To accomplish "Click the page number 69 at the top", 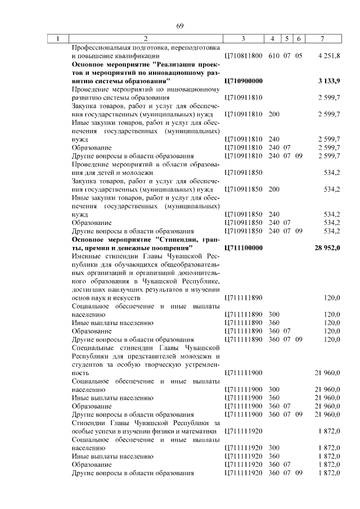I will [x=180, y=26].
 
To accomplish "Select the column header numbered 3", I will [x=243, y=39].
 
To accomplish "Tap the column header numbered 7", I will [x=322, y=39].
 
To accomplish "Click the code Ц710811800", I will [x=243, y=56].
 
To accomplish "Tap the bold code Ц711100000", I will [x=243, y=247].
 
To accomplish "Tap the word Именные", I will [x=86, y=256].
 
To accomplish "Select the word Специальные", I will [x=93, y=348].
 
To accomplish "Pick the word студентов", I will [x=87, y=364].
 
